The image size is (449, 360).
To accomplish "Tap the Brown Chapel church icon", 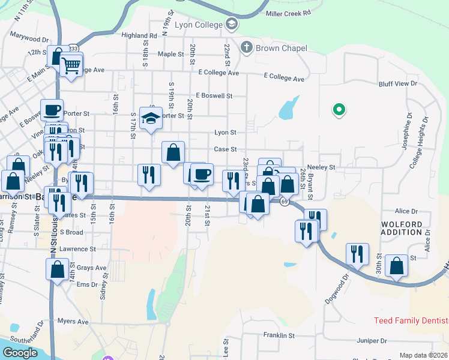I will pyautogui.click(x=246, y=47).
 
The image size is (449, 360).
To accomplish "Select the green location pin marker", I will pyautogui.click(x=339, y=110).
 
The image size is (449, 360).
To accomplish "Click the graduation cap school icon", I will pyautogui.click(x=151, y=118).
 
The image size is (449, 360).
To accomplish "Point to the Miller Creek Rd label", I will pyautogui.click(x=288, y=13).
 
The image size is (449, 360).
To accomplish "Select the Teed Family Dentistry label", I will pyautogui.click(x=411, y=321).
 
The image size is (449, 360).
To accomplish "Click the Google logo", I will pyautogui.click(x=20, y=353).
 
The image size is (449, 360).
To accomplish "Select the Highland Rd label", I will pyautogui.click(x=139, y=35).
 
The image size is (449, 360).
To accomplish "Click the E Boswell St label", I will pyautogui.click(x=214, y=95).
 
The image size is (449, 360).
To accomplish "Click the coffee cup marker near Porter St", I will pyautogui.click(x=52, y=110).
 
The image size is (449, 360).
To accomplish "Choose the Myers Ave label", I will pyautogui.click(x=73, y=321).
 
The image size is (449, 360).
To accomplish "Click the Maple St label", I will pyautogui.click(x=170, y=54).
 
